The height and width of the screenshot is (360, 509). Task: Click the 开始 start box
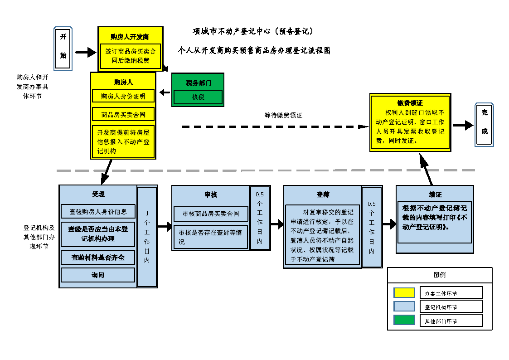[x=63, y=49]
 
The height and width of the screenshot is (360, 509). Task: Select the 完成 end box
[x=484, y=125]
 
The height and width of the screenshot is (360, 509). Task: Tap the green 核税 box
[x=198, y=97]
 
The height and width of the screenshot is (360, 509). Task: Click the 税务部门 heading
[x=198, y=83]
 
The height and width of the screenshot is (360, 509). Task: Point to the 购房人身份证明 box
[x=123, y=96]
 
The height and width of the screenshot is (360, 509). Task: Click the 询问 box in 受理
[x=98, y=275]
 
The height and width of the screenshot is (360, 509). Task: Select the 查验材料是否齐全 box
[x=98, y=258]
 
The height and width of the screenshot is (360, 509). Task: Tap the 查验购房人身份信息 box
[x=98, y=211]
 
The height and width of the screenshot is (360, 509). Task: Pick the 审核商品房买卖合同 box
[x=211, y=214]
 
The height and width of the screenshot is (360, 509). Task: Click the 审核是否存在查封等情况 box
[x=211, y=237]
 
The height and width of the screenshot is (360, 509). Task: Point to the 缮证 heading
[x=435, y=195]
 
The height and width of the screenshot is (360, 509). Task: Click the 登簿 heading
[x=323, y=195]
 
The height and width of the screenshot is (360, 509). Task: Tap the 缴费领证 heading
[x=410, y=103]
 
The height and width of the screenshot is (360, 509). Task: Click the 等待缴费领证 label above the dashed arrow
[x=283, y=116]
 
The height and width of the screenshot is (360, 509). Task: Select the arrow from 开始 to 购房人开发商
[x=86, y=53]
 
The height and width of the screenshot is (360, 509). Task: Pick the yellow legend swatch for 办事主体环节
[x=404, y=293]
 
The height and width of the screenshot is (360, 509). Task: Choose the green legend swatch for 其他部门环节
[x=404, y=320]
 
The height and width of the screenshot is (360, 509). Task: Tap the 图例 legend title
[x=439, y=275]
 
